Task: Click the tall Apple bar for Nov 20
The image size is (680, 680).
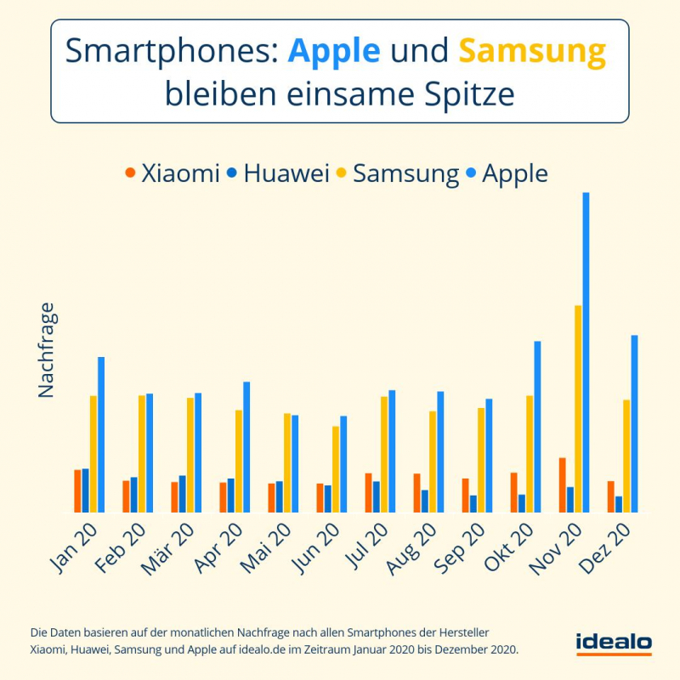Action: click(586, 353)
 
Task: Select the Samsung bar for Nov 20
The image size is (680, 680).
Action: click(578, 409)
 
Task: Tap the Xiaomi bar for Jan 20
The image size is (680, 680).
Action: click(77, 491)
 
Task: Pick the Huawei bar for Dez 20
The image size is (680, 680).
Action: click(619, 504)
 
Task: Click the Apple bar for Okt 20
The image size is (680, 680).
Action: click(537, 427)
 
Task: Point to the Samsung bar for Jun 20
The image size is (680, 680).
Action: click(336, 469)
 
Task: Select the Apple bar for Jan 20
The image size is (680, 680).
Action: click(101, 434)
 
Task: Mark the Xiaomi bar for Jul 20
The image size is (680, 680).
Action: click(368, 493)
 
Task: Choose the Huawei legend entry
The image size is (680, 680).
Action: click(278, 173)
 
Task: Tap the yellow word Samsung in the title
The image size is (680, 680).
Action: click(532, 52)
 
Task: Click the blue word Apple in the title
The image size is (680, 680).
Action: click(334, 52)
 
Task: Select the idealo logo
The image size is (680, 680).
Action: click(613, 643)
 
